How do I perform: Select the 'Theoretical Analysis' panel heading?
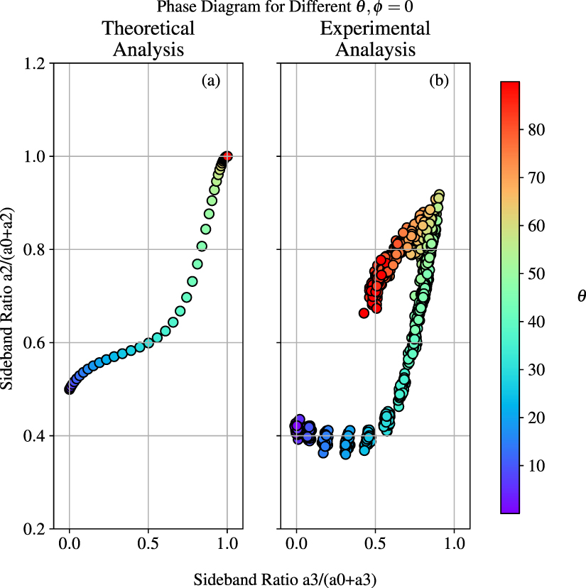click(148, 39)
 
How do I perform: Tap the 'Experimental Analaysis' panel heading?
click(375, 39)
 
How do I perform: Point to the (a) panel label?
click(211, 81)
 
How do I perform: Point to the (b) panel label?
click(439, 81)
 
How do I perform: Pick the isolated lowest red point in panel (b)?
click(364, 313)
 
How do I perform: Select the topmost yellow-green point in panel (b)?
click(439, 195)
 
